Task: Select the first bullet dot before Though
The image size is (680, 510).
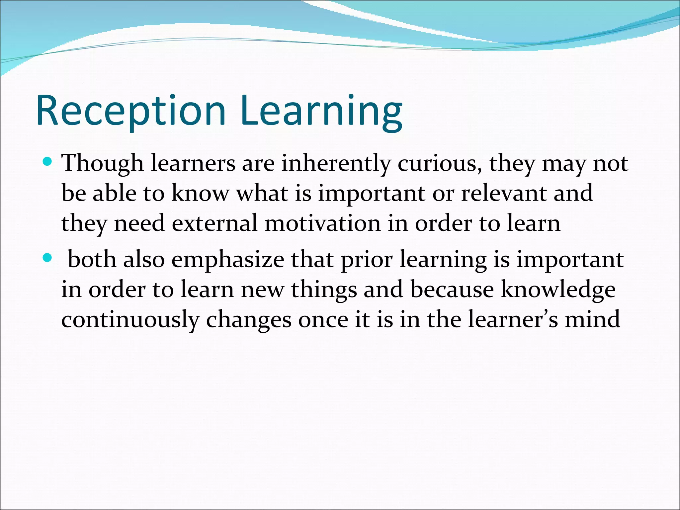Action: point(48,162)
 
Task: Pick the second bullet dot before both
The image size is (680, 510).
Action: point(48,258)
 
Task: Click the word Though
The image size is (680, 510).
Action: point(102,163)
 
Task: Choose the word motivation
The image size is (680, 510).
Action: point(323,223)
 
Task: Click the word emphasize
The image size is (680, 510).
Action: point(228,260)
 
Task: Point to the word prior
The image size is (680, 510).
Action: point(367,260)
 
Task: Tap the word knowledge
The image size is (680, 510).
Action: point(558,290)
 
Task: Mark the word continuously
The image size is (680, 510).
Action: point(130,319)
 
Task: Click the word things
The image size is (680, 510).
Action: point(324,290)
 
